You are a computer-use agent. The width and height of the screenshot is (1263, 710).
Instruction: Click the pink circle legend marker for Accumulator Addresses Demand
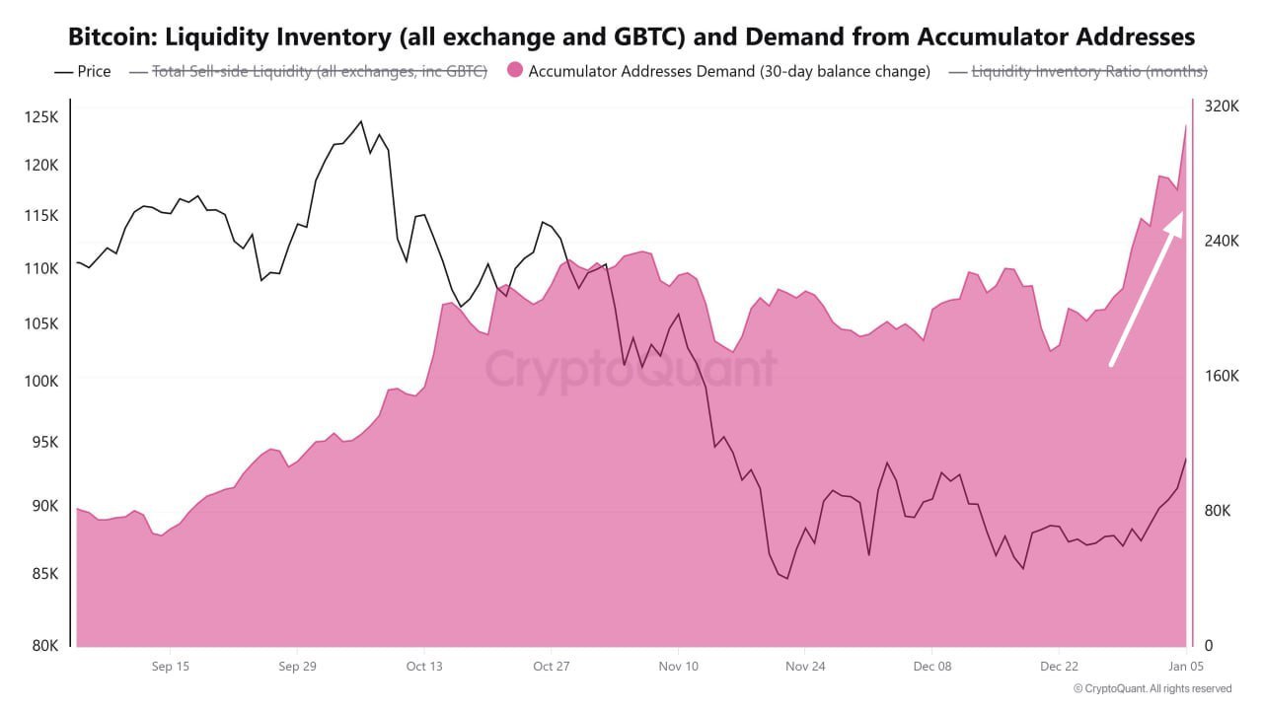tap(515, 71)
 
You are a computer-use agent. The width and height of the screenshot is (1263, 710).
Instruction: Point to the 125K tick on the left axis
tap(41, 117)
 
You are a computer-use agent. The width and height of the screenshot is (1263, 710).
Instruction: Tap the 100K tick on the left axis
tap(41, 381)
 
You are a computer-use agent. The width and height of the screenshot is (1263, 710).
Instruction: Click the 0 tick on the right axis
tap(1207, 646)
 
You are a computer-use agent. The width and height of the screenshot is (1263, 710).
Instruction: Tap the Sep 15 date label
tap(170, 667)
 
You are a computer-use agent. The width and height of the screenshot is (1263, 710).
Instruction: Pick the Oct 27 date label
tap(551, 667)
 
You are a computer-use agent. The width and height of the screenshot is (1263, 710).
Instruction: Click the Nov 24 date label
tap(805, 667)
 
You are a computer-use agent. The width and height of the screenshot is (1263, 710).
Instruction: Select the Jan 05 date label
tap(1184, 667)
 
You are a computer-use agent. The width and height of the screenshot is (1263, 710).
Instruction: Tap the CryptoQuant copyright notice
tap(1152, 688)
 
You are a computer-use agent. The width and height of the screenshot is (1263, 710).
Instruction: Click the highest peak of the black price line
tap(360, 121)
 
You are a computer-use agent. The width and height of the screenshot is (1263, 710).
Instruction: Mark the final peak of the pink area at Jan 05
tap(1185, 125)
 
